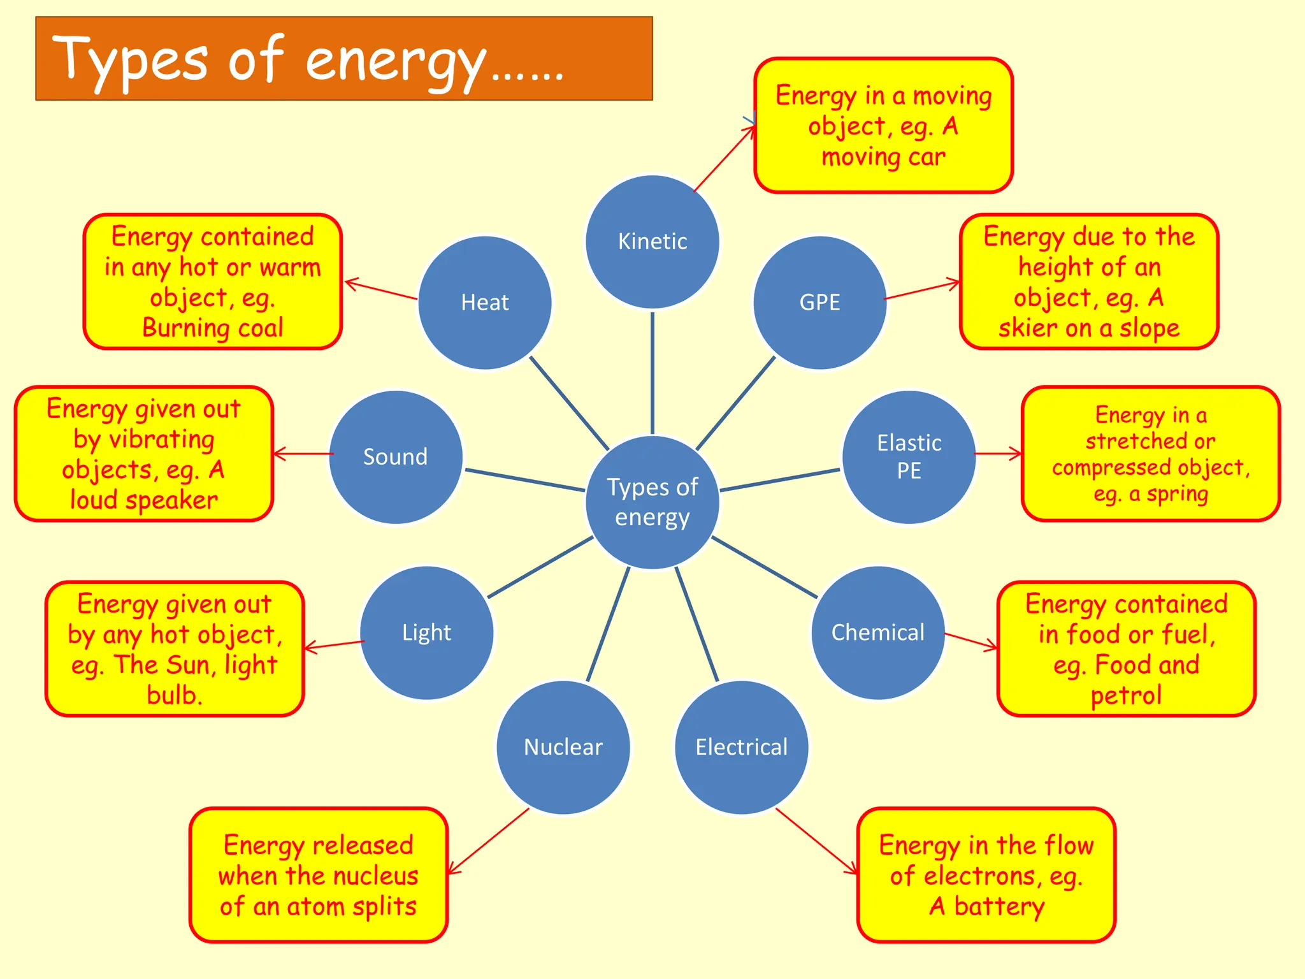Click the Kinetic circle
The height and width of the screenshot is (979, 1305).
tap(652, 242)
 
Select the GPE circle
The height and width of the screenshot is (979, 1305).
tap(819, 302)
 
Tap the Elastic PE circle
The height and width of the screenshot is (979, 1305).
tap(909, 457)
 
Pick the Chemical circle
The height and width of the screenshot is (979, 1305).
tap(877, 632)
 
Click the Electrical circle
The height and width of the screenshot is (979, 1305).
tap(741, 747)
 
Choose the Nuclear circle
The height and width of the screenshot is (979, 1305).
tap(563, 747)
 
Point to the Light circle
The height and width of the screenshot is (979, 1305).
tap(426, 632)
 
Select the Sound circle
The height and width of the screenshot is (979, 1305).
tap(395, 457)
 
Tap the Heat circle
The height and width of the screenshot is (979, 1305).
tap(484, 302)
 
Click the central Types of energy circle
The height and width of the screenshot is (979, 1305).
tap(652, 502)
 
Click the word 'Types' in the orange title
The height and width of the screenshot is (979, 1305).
tap(130, 61)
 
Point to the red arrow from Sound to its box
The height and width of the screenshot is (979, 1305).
tap(303, 454)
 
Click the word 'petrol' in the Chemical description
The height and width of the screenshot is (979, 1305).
tap(1126, 695)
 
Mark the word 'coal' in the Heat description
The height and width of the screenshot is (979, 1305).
tap(260, 328)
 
